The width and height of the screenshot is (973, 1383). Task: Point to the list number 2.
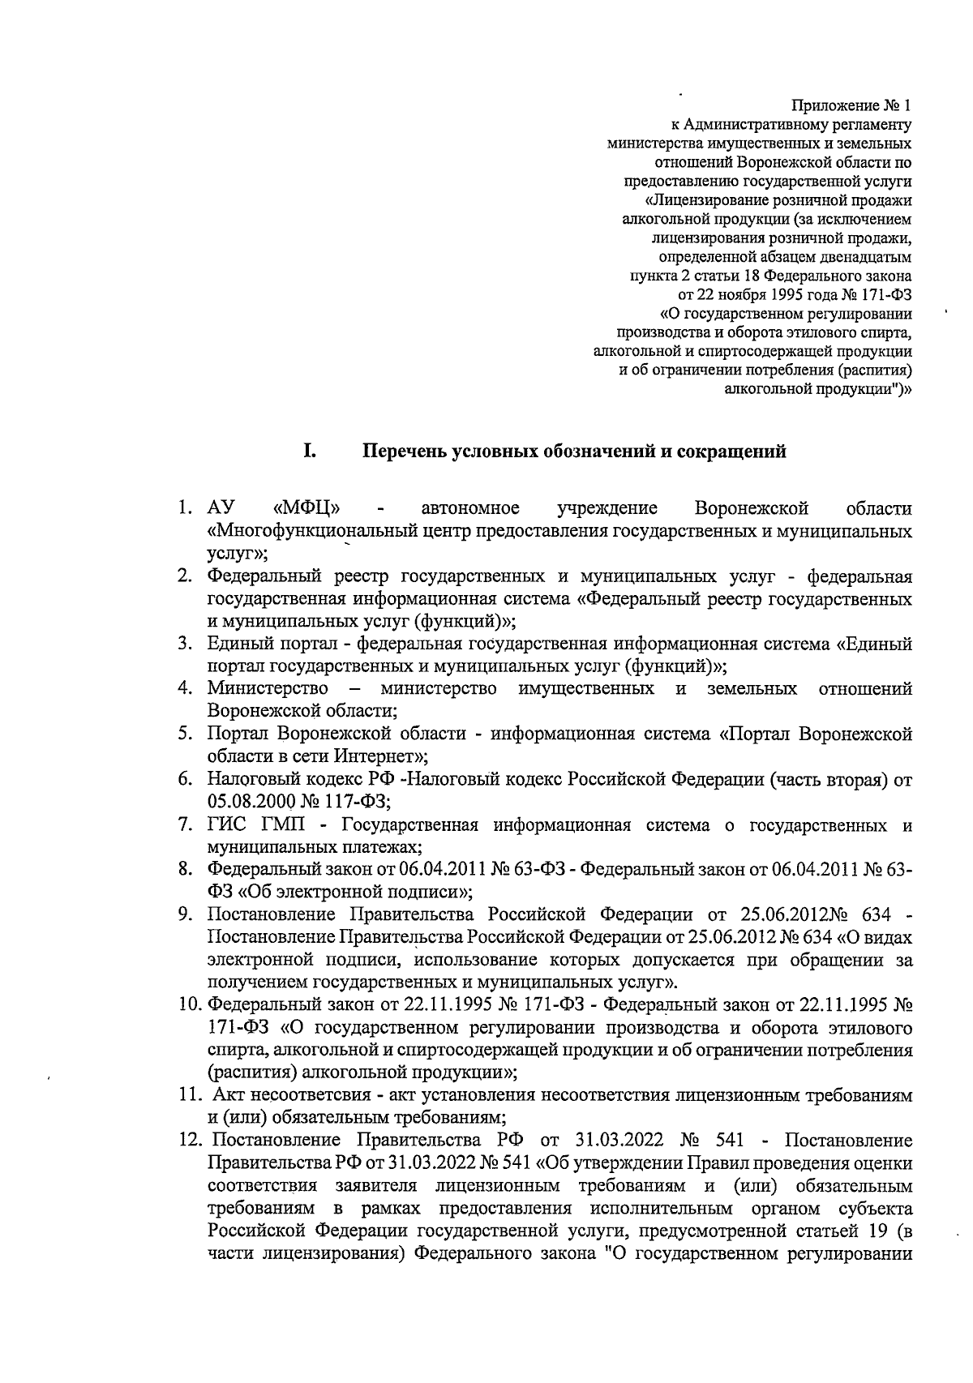pyautogui.click(x=186, y=576)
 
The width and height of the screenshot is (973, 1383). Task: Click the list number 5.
pyautogui.click(x=186, y=734)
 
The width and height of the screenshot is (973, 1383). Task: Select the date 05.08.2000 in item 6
pyautogui.click(x=246, y=802)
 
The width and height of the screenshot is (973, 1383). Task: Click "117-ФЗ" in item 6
pyautogui.click(x=354, y=802)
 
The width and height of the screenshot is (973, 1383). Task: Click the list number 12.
pyautogui.click(x=190, y=1141)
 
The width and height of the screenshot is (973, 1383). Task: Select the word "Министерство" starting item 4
pyautogui.click(x=268, y=689)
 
